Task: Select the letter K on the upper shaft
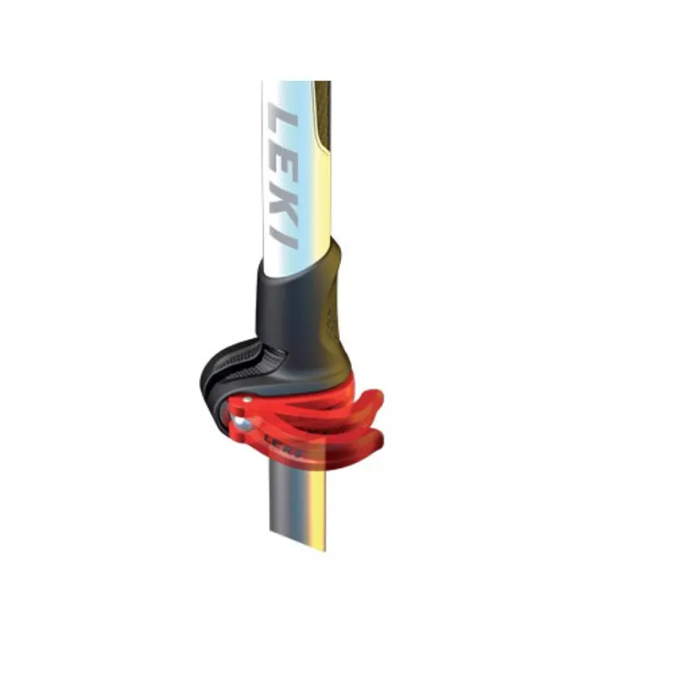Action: click(x=283, y=199)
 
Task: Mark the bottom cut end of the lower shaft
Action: click(x=297, y=540)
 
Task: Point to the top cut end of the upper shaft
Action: click(x=295, y=83)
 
